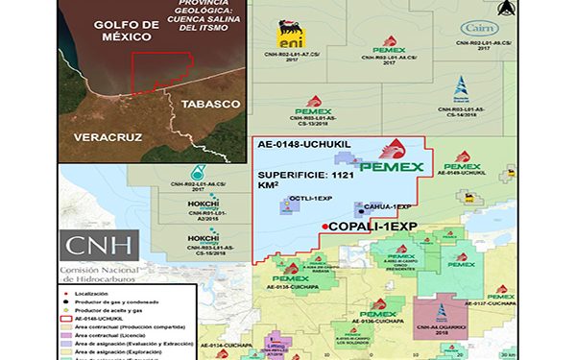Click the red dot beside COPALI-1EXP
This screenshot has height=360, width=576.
tap(324, 227)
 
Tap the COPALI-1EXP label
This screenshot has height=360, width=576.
tap(370, 227)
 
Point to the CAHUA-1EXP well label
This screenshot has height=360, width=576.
tap(389, 206)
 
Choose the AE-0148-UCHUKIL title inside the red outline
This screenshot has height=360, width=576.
tap(302, 146)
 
